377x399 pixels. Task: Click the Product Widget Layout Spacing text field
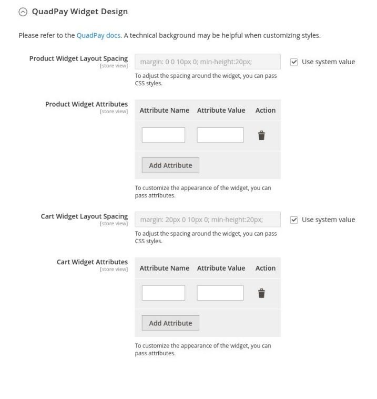207,62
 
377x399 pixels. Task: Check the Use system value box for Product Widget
294,62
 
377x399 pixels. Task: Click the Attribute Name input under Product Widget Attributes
164,135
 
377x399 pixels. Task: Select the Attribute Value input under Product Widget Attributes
220,135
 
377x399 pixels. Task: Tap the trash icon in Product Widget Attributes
261,135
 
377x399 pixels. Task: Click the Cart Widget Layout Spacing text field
207,220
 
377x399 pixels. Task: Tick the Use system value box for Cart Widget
294,220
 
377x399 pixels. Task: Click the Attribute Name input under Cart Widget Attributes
164,293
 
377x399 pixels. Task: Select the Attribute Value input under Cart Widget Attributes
220,293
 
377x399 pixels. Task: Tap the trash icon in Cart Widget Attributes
261,293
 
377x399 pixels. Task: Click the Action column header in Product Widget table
265,111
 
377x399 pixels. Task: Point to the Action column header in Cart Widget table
265,268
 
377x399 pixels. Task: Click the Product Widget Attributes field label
86,104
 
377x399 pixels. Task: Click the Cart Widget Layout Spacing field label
84,216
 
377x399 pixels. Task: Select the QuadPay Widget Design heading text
73,11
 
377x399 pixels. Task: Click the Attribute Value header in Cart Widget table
221,268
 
